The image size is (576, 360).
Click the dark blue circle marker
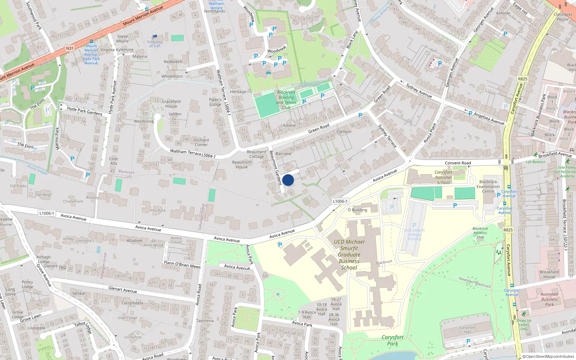point(288,180)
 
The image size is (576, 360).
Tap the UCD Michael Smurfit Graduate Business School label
point(349,255)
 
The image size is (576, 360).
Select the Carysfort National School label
point(443,177)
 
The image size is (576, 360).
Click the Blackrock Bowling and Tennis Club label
point(286,100)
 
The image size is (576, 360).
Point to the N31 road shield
point(70,48)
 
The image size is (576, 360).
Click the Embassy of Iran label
point(155,44)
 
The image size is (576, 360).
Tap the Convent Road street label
point(458,163)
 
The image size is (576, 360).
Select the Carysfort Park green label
point(392,340)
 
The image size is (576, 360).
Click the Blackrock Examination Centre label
point(488,186)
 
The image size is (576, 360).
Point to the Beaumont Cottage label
point(257,154)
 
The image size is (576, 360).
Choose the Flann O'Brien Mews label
point(182,265)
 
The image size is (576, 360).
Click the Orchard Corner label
point(201,142)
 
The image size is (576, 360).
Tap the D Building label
point(357,210)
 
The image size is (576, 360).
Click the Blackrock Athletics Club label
point(480,233)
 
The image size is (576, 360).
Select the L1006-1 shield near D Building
point(340,201)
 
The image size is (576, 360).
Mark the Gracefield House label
point(171,104)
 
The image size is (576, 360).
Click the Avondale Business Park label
point(549,299)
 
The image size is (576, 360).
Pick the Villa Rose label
point(158,210)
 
